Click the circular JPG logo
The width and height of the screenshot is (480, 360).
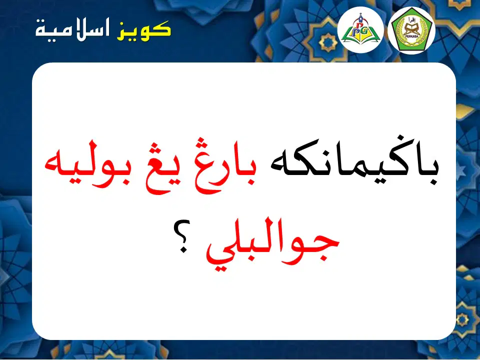tap(360, 29)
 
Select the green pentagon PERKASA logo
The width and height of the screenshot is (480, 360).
tap(411, 30)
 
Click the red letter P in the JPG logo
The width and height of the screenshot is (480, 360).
tap(356, 23)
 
